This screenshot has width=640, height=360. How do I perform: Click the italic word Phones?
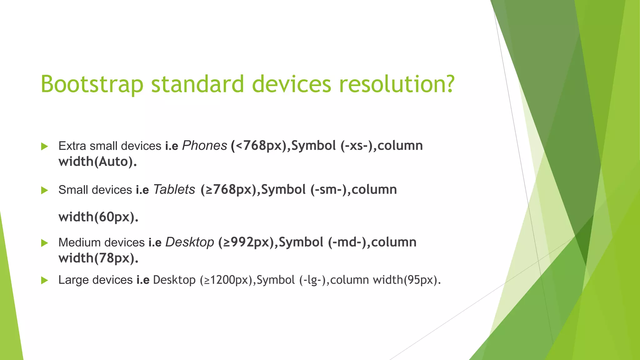click(204, 146)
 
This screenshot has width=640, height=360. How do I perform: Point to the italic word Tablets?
click(174, 190)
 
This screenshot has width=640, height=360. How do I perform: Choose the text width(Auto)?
click(97, 162)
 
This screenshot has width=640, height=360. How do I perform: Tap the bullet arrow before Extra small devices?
click(44, 146)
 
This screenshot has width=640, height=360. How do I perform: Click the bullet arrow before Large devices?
click(44, 280)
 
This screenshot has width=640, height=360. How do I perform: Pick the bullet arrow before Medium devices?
click(44, 243)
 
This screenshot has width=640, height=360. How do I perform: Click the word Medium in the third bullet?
click(79, 243)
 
